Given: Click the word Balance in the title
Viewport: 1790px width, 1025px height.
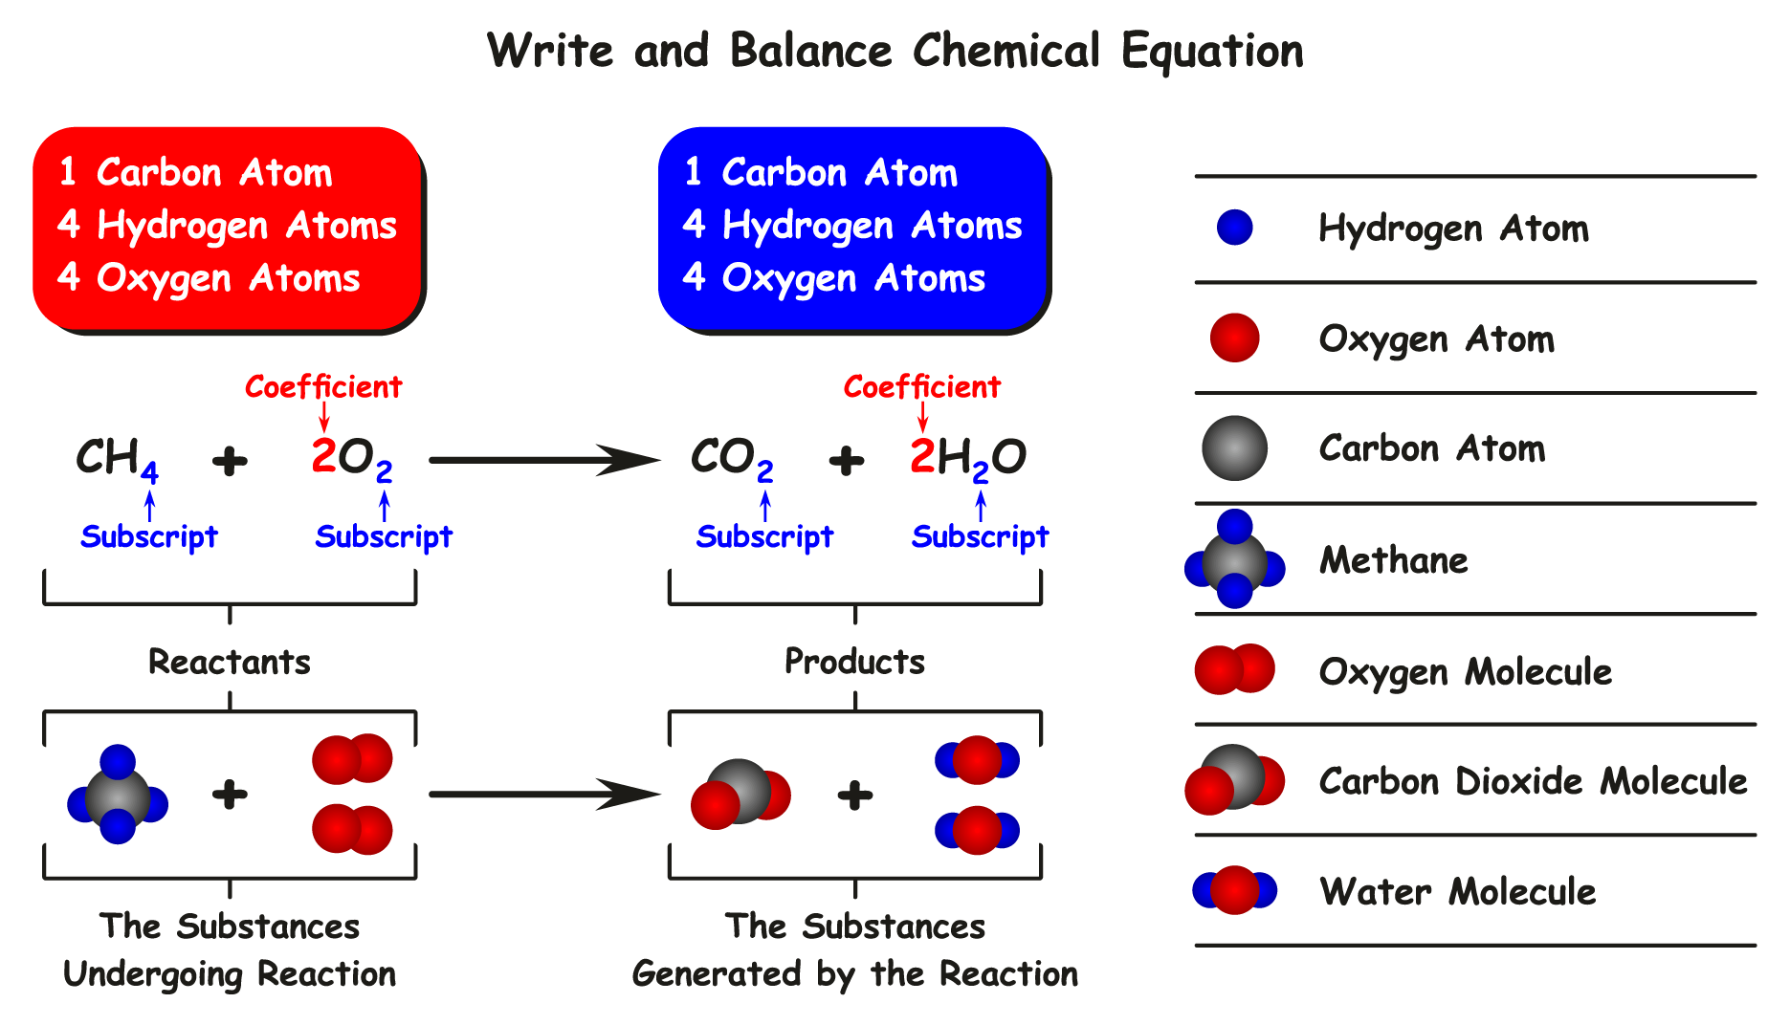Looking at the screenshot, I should (810, 51).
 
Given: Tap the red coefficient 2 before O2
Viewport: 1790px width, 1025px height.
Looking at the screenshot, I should (323, 456).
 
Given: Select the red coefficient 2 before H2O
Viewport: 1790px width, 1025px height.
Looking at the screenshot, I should (921, 456).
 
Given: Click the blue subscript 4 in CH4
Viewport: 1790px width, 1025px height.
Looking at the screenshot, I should (149, 472).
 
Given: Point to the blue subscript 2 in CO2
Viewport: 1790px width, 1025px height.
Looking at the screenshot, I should (765, 472).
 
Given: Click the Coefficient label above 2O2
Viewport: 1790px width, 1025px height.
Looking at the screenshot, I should (323, 387).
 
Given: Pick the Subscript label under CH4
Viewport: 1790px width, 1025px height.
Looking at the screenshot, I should (149, 536).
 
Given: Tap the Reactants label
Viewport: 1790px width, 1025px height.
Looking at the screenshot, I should (230, 662).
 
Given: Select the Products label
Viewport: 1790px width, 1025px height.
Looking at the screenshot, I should (854, 662).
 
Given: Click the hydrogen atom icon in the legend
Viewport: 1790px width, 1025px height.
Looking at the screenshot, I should (1234, 228).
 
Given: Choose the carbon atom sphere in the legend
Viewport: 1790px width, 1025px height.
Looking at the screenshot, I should (1234, 447).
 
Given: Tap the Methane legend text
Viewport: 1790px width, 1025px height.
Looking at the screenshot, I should (1393, 560).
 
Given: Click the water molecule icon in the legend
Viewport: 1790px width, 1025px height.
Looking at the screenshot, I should (1234, 890).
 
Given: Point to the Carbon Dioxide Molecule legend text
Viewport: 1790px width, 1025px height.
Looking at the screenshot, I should (1533, 781).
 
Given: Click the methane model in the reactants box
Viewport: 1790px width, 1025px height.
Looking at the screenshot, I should (118, 795).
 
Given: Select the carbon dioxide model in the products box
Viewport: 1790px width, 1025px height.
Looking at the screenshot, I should (740, 794).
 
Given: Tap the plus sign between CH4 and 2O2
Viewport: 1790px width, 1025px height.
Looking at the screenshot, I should (230, 461).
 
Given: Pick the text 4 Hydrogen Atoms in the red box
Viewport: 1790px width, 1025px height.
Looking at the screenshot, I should (227, 226).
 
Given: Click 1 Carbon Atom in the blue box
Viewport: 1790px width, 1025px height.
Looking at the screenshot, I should (821, 173).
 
